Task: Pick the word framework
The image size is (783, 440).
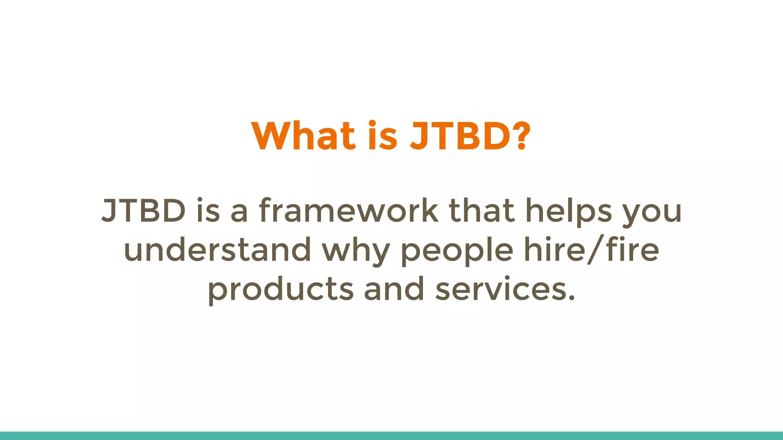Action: pyautogui.click(x=348, y=211)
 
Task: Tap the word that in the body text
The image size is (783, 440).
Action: pyautogui.click(x=481, y=211)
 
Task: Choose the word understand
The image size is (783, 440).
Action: pyautogui.click(x=218, y=250)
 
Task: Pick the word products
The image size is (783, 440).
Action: pyautogui.click(x=281, y=290)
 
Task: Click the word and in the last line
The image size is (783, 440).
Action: pyautogui.click(x=394, y=289)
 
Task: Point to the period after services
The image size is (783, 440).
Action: pyautogui.click(x=571, y=298)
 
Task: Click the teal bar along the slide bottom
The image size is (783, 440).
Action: pyautogui.click(x=391, y=436)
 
